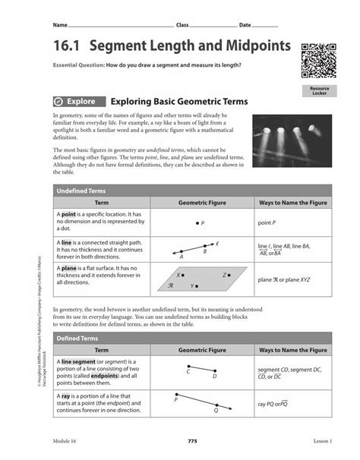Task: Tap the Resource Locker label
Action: click(319, 91)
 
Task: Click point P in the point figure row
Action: click(198, 223)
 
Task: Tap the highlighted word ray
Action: click(67, 396)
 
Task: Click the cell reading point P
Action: click(267, 223)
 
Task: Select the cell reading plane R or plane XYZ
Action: click(284, 279)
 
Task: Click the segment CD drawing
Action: click(201, 370)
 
